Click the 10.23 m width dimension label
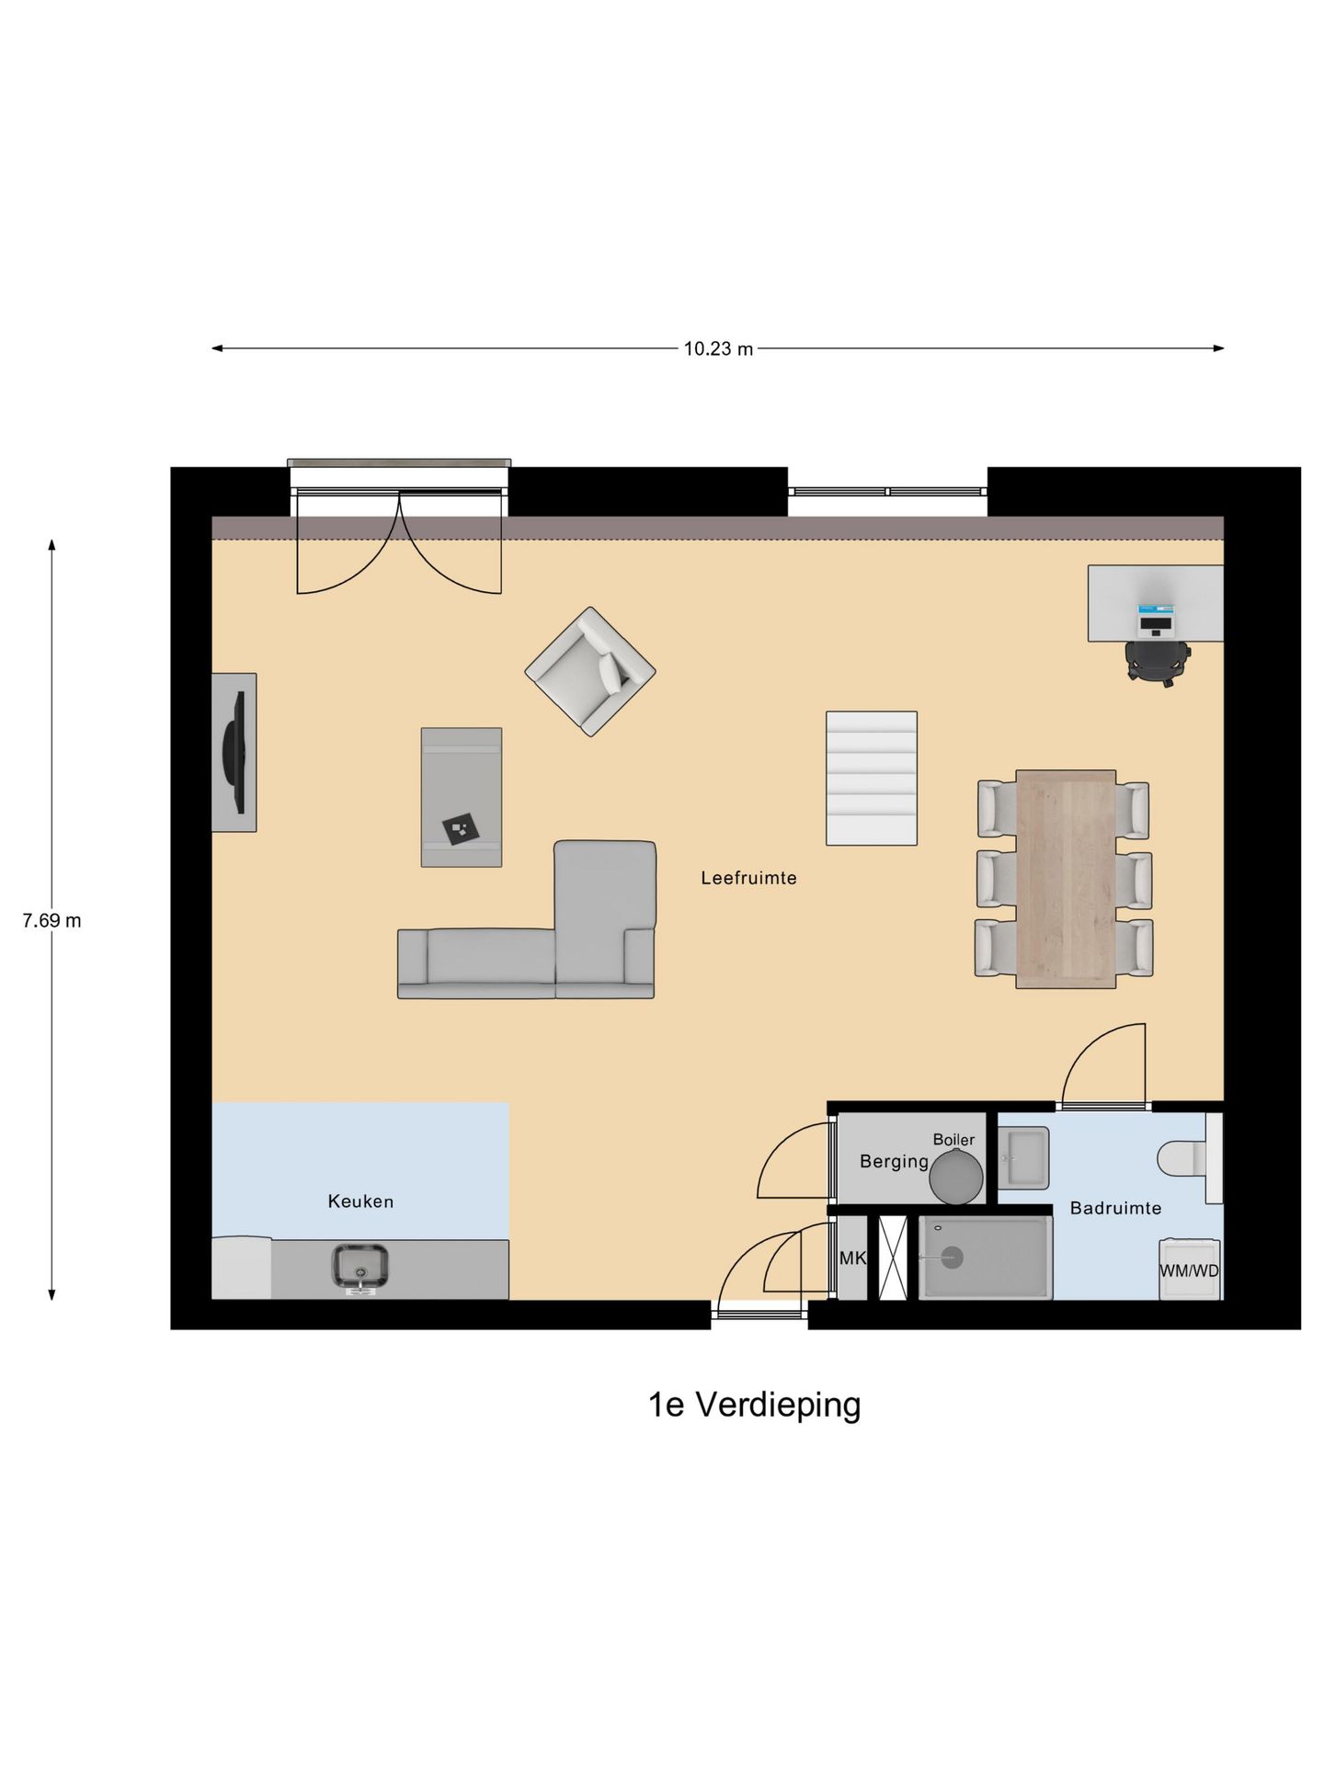[x=718, y=348]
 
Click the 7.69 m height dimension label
[x=51, y=920]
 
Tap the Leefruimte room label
[x=748, y=878]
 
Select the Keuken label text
[x=360, y=1201]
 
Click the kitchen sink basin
[x=360, y=1266]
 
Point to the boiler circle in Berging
[x=955, y=1176]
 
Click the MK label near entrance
[x=852, y=1258]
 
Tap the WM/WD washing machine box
[x=1189, y=1270]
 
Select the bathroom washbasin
[x=1022, y=1157]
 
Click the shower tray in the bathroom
[x=985, y=1258]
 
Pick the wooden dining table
[x=1066, y=879]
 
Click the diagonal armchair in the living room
[x=589, y=671]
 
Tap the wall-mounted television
[x=235, y=752]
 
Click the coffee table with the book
[x=461, y=797]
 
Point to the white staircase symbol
[x=871, y=778]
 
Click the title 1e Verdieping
[x=754, y=1405]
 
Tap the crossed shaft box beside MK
[x=892, y=1258]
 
